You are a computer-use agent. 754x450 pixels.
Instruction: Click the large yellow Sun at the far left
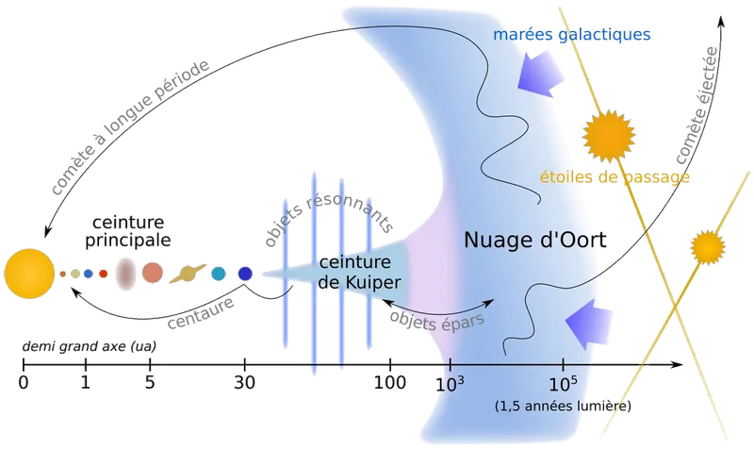(29, 274)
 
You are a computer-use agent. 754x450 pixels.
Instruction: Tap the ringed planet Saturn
(188, 274)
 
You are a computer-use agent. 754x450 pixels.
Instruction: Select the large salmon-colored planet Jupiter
(153, 273)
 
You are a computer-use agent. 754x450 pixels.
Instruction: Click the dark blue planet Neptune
(245, 274)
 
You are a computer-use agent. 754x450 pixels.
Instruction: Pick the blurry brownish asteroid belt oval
(125, 274)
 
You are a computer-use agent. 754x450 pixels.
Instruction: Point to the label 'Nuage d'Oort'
(534, 240)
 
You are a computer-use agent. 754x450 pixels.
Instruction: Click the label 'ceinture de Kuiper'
(359, 273)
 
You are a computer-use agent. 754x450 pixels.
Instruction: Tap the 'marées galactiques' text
(572, 35)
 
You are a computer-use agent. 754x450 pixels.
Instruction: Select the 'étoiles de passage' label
(615, 177)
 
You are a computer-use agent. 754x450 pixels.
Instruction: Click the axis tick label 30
(244, 383)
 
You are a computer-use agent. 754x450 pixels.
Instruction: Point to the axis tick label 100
(390, 383)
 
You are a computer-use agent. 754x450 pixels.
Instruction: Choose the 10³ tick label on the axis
(451, 384)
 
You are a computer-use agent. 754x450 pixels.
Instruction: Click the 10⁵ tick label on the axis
(563, 384)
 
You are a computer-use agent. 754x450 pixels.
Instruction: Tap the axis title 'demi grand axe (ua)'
(89, 346)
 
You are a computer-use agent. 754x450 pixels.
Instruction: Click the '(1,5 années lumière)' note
(563, 407)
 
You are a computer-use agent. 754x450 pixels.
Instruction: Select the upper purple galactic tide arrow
(540, 74)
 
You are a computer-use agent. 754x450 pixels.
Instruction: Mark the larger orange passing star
(608, 136)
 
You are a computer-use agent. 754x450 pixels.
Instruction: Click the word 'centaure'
(201, 313)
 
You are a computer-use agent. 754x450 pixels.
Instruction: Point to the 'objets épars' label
(436, 321)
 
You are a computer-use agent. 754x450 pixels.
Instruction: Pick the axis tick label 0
(23, 383)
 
